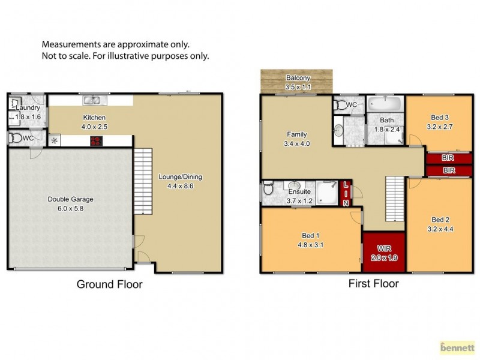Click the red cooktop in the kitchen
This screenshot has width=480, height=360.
(95, 142)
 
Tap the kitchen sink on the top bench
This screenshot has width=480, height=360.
(91, 100)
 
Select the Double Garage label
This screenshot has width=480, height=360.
(70, 200)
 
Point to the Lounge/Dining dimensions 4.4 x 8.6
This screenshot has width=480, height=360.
(180, 186)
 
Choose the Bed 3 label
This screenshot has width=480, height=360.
(440, 118)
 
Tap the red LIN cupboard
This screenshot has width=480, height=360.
(346, 193)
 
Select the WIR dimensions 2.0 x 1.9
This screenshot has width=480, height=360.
(384, 257)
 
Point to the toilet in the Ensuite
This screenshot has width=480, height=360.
(268, 191)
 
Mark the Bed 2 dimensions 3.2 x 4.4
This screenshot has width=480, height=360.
(440, 229)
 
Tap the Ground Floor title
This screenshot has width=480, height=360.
(109, 284)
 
